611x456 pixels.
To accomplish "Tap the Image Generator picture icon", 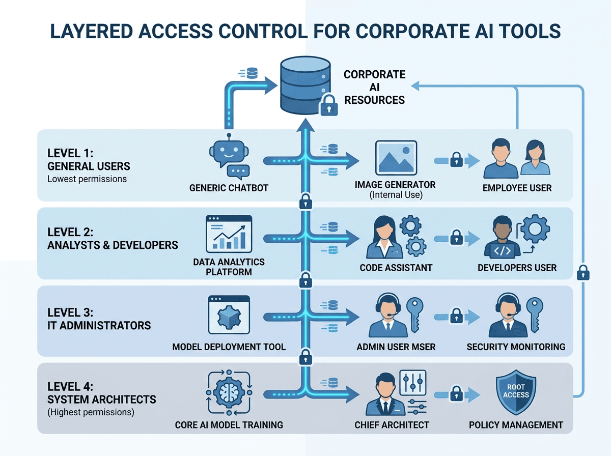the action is [x=396, y=158].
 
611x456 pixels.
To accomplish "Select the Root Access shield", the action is [x=516, y=392].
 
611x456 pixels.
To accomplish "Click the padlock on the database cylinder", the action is [x=329, y=105].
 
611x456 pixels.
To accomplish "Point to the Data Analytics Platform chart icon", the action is [x=229, y=234].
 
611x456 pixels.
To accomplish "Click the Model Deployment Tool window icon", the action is [x=229, y=315].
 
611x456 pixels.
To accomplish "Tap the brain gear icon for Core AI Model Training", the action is [x=229, y=392].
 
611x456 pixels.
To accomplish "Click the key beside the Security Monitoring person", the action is [x=535, y=315].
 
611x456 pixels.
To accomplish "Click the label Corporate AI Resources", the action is [x=374, y=87].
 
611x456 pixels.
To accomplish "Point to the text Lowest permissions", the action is [x=87, y=179].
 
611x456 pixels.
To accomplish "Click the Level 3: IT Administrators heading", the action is [x=99, y=319].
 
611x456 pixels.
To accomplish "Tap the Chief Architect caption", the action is [x=392, y=425].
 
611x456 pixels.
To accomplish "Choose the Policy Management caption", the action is [x=516, y=425].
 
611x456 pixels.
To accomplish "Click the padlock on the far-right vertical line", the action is [x=583, y=272].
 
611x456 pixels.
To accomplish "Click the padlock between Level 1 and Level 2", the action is [x=305, y=202].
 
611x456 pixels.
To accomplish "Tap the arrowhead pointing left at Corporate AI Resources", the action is [x=415, y=86].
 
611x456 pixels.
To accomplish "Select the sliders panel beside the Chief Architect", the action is [x=413, y=383].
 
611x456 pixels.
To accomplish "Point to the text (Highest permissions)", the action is [x=91, y=412].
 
